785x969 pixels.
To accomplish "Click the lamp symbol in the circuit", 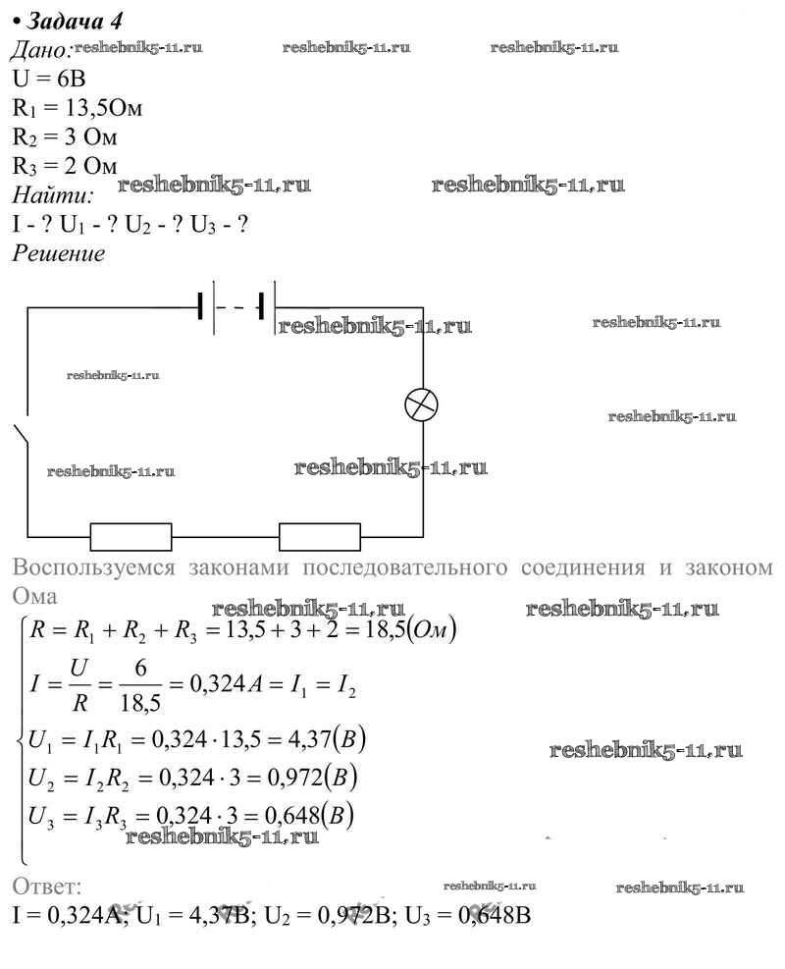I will (422, 404).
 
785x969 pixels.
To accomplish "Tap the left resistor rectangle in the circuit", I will (131, 536).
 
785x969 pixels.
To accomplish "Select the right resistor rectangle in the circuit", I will (320, 536).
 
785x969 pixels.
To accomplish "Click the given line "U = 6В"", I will (50, 80).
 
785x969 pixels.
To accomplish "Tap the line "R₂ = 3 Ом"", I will (66, 135).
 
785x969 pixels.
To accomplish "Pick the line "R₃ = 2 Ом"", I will (66, 164).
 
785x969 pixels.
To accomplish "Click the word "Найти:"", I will (52, 193).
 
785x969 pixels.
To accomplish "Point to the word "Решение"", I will (58, 253).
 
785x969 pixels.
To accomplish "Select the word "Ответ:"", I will (47, 886).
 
